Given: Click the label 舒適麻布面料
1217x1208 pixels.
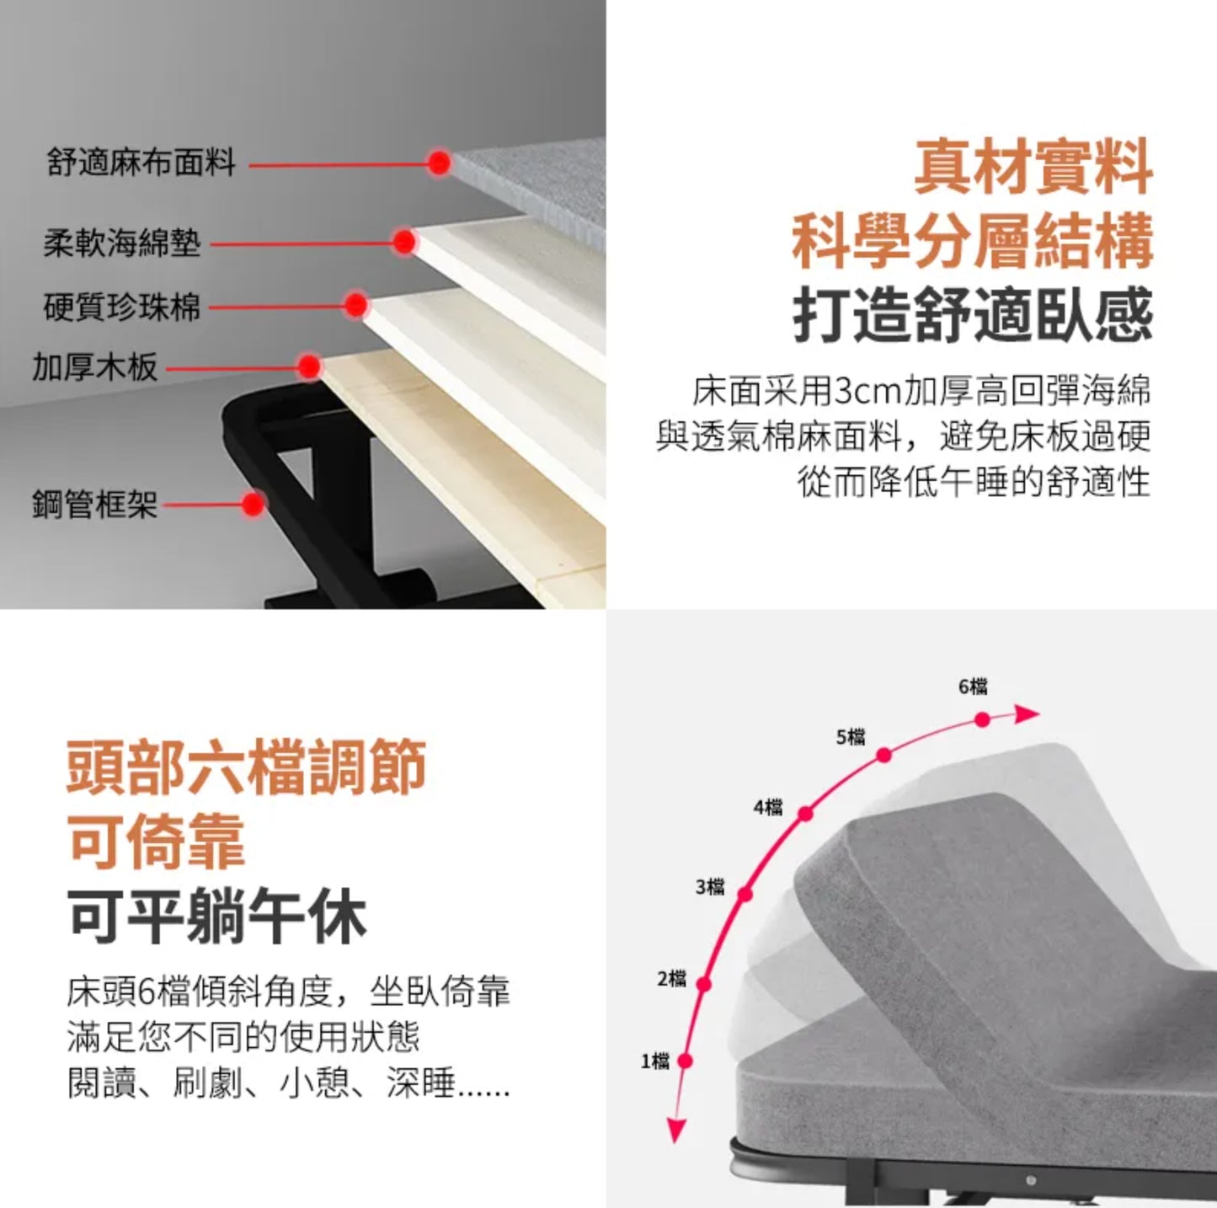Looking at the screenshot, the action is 141,163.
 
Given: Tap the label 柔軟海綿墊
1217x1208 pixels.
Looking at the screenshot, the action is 122,243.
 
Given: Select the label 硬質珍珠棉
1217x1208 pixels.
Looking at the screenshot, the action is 122,307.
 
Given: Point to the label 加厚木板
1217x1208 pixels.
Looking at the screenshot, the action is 94,366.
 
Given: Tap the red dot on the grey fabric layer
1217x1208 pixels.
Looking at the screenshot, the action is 439,163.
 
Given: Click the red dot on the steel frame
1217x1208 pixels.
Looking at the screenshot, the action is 254,504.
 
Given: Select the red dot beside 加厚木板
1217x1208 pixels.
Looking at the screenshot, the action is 309,366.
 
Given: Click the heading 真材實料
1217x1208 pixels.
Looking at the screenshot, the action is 1033,168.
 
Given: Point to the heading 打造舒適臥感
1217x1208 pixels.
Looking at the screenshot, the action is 973,314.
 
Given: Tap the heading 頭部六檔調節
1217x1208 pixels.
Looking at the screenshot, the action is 246,767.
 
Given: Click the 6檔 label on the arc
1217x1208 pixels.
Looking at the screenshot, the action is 973,687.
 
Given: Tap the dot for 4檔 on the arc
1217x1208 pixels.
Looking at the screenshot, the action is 805,814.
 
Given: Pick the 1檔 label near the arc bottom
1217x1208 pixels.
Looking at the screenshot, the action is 655,1061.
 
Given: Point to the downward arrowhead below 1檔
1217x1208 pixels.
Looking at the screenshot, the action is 675,1130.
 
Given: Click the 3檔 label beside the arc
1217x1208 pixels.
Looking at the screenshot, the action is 710,887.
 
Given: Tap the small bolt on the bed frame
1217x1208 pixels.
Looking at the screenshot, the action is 1032,1179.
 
